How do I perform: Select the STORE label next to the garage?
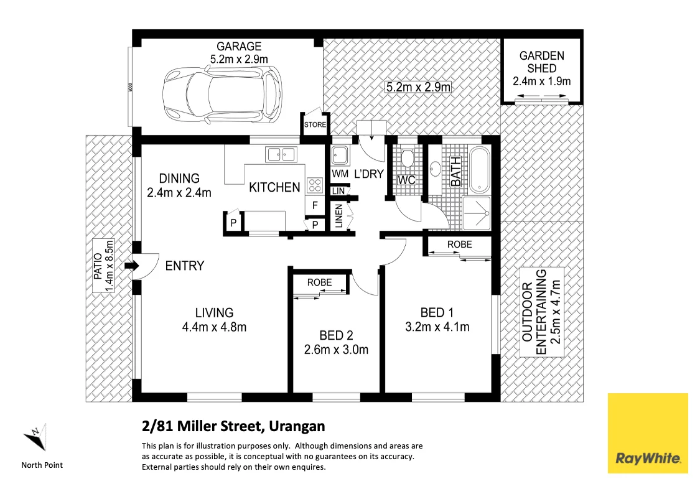(314, 124)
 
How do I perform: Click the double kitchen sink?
(282, 153)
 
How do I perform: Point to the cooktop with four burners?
(315, 185)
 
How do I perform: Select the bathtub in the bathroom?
(479, 169)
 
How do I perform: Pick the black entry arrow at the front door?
(131, 266)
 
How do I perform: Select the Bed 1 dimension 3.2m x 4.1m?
(436, 327)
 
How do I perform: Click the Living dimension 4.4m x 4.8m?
(214, 327)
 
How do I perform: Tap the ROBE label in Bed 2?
(319, 282)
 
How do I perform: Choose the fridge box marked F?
(315, 205)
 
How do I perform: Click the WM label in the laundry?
(340, 174)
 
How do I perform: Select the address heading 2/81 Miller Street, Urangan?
(233, 427)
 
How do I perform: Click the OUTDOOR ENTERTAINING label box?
(542, 312)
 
